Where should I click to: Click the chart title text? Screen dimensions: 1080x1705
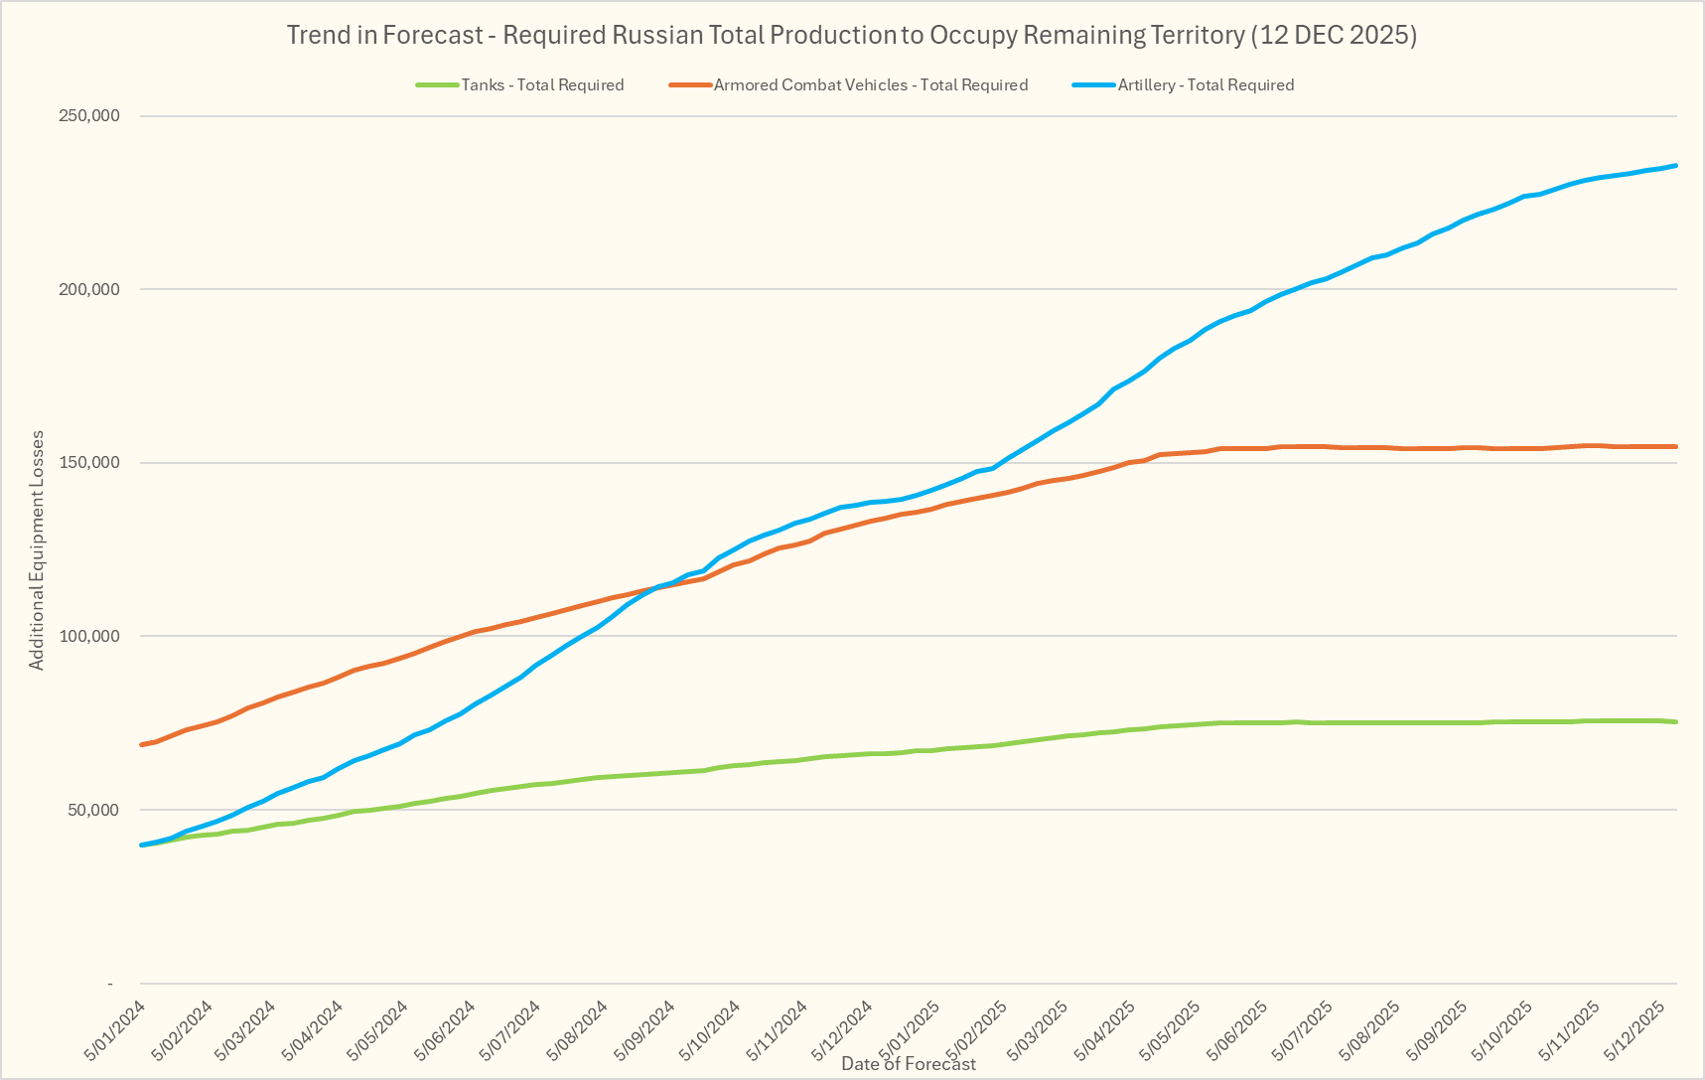851,36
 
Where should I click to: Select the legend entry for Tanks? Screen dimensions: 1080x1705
541,85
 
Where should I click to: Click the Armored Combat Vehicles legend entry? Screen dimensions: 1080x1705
870,85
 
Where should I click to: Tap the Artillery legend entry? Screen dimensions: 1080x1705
1205,85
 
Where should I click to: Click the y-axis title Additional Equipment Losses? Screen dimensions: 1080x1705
37,549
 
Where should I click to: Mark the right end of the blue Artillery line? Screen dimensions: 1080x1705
1676,165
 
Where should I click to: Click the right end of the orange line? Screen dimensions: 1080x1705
1676,447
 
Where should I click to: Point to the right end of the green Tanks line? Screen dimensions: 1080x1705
1676,722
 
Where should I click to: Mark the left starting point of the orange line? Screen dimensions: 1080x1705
142,744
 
